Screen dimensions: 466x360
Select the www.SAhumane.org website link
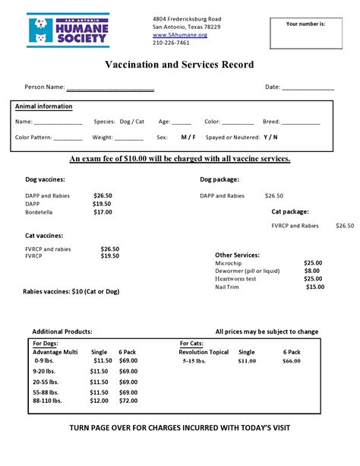coord(179,35)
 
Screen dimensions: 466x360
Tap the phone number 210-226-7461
coord(171,43)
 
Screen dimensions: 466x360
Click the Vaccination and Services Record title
coord(179,65)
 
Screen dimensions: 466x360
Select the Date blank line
coord(308,88)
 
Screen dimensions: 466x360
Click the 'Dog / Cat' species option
coord(133,122)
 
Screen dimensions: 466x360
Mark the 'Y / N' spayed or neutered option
coord(270,138)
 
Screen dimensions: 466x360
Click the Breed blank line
coord(301,122)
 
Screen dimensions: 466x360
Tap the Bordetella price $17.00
coord(103,212)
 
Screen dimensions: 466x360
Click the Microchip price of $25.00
coord(312,263)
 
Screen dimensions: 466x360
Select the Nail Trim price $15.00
coord(314,287)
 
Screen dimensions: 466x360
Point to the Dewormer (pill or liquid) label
coord(247,271)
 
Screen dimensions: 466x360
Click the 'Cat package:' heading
coord(290,211)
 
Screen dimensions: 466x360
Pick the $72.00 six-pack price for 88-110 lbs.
coord(128,401)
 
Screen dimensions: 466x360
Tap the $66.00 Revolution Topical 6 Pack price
coord(292,362)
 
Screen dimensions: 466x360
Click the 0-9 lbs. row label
coord(46,361)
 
